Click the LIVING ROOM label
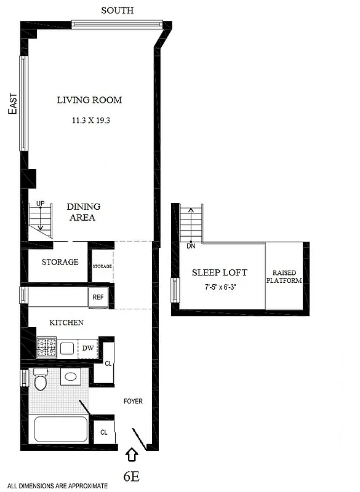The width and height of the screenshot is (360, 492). click(x=89, y=100)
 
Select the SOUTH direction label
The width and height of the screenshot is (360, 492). click(x=117, y=10)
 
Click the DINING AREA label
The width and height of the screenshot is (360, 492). click(x=83, y=212)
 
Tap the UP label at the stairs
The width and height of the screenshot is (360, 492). click(x=40, y=204)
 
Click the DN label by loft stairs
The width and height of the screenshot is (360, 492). click(x=190, y=246)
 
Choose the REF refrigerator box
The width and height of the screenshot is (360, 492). click(x=98, y=297)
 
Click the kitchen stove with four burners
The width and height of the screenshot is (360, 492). click(x=47, y=348)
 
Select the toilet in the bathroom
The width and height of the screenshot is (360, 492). click(x=41, y=379)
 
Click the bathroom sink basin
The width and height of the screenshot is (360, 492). click(x=71, y=377)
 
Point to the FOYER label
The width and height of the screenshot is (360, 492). click(x=132, y=402)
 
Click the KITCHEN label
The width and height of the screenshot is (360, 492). click(x=66, y=322)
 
